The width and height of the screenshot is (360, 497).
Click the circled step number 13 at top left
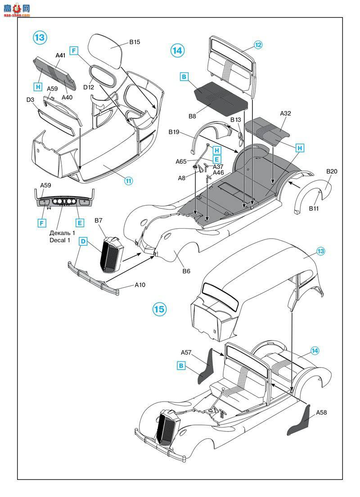(40, 38)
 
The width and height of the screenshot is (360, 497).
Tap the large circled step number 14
(177, 50)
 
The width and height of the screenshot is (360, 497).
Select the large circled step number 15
(159, 309)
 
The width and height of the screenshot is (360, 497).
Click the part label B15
(135, 42)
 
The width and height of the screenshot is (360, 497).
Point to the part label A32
(285, 113)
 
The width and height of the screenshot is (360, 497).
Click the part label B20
(332, 172)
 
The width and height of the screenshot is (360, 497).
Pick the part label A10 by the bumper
(141, 285)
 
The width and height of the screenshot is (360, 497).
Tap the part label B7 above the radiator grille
(99, 221)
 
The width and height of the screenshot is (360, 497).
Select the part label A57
(187, 352)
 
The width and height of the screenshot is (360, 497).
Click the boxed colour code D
(83, 241)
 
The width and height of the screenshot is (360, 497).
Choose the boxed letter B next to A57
(181, 366)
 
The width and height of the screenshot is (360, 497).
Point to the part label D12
(89, 86)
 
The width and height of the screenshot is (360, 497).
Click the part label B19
(174, 132)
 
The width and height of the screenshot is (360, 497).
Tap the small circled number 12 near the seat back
(258, 45)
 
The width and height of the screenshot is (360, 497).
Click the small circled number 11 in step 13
(128, 181)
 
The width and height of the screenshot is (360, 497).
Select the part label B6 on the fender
(186, 271)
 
